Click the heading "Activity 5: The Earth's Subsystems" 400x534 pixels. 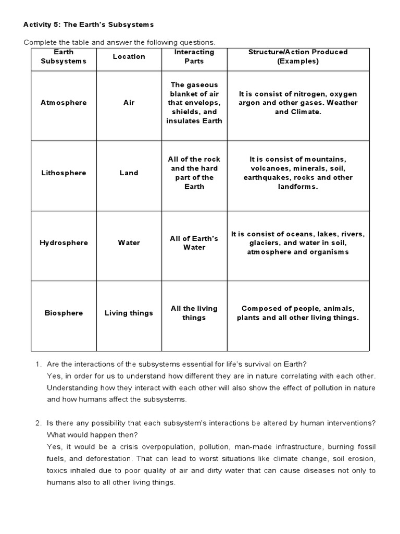click(x=89, y=25)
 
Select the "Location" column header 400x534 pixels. click(x=129, y=56)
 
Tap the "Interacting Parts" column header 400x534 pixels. click(x=194, y=56)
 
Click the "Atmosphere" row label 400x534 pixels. click(x=64, y=103)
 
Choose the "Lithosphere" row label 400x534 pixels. click(x=64, y=173)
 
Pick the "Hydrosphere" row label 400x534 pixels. click(x=64, y=243)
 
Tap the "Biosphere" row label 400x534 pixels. click(x=64, y=313)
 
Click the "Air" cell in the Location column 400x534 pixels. click(x=129, y=103)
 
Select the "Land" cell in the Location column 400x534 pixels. click(x=129, y=173)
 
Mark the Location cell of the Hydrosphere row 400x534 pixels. click(x=129, y=243)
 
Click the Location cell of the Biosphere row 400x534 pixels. click(x=129, y=313)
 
